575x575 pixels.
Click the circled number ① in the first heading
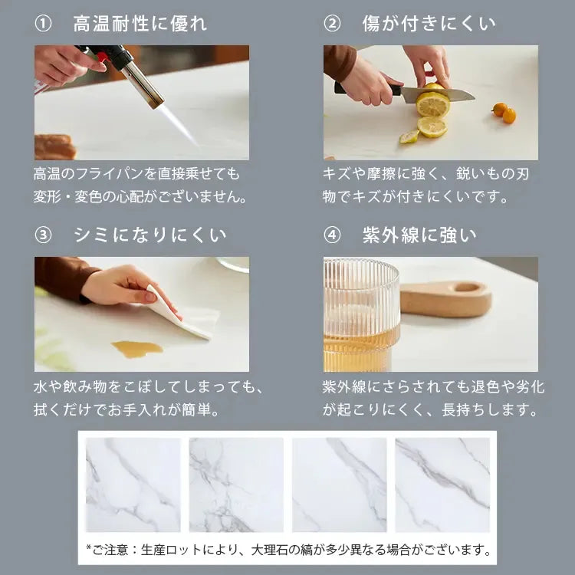pos(43,24)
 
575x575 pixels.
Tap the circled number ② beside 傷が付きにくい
pos(332,24)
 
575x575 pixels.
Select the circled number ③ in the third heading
pos(43,235)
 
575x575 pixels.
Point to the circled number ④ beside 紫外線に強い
pos(332,235)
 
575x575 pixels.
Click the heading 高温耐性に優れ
pos(140,24)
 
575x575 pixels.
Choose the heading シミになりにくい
pos(150,235)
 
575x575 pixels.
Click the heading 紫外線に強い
pos(419,235)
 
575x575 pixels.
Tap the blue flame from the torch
pos(177,123)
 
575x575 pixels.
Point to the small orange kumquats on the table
pos(504,113)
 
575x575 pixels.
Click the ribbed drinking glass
pos(361,314)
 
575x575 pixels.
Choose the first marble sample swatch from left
pos(133,485)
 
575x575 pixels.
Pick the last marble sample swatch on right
pos(442,485)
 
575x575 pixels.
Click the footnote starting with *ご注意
pos(287,549)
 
